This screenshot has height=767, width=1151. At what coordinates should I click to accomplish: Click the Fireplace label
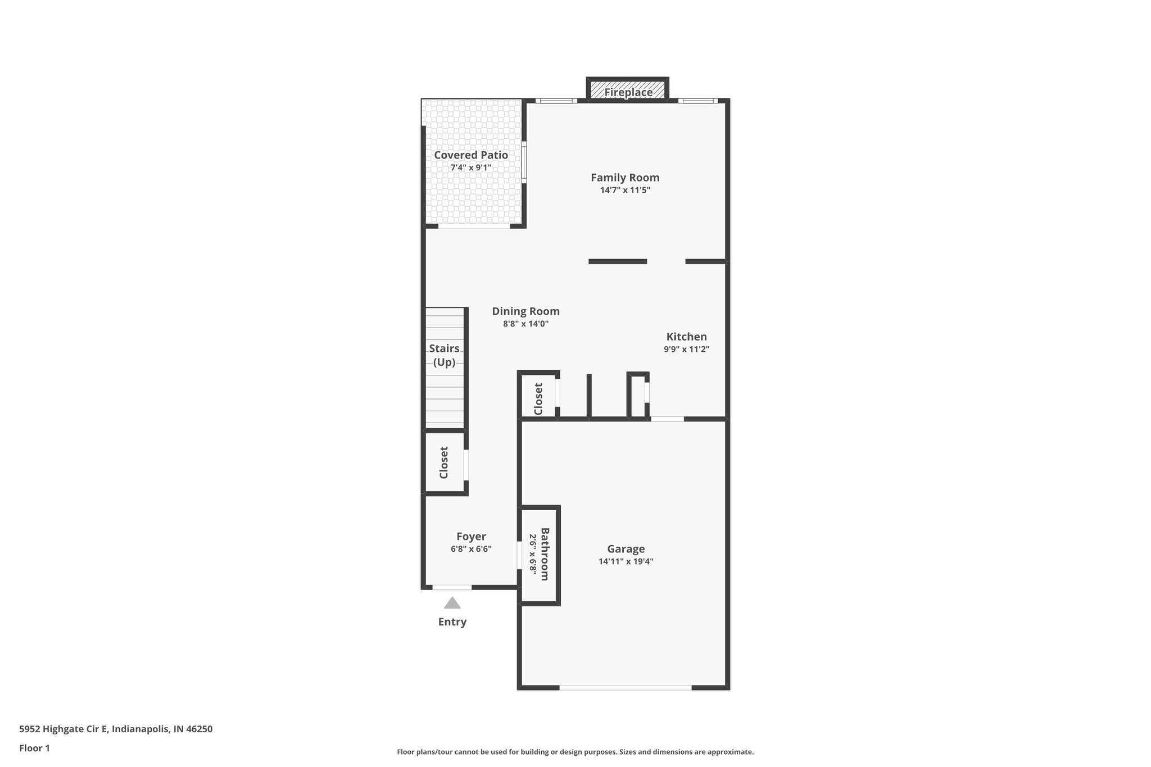[x=628, y=92]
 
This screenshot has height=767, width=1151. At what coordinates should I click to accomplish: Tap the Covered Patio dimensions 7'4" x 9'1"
[x=471, y=167]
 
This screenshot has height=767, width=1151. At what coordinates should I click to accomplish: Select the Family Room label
[x=625, y=178]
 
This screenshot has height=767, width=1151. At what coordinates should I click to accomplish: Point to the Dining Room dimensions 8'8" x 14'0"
[x=525, y=324]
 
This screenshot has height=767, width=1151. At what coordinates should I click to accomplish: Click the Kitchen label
[x=686, y=337]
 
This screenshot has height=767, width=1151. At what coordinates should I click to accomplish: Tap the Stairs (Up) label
[x=444, y=355]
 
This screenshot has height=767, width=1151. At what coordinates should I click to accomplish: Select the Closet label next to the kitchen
[x=538, y=399]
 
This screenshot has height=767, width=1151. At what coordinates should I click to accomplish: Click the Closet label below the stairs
[x=444, y=462]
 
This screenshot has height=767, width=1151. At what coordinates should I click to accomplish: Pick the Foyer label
[x=471, y=537]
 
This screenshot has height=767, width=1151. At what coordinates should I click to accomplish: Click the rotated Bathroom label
[x=545, y=553]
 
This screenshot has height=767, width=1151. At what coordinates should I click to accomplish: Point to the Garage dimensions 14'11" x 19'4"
[x=626, y=561]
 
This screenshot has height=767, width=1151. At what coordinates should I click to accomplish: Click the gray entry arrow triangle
[x=452, y=604]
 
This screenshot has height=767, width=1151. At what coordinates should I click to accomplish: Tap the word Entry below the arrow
[x=452, y=622]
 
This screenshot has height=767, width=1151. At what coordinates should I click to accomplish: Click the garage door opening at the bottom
[x=625, y=687]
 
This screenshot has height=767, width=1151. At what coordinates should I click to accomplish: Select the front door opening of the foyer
[x=452, y=587]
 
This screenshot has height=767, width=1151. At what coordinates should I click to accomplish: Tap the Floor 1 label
[x=34, y=748]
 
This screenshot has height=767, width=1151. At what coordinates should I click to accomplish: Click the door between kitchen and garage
[x=667, y=419]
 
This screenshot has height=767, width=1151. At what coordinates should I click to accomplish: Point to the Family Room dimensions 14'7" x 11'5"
[x=625, y=190]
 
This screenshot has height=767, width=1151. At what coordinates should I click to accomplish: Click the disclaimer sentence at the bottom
[x=575, y=752]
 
